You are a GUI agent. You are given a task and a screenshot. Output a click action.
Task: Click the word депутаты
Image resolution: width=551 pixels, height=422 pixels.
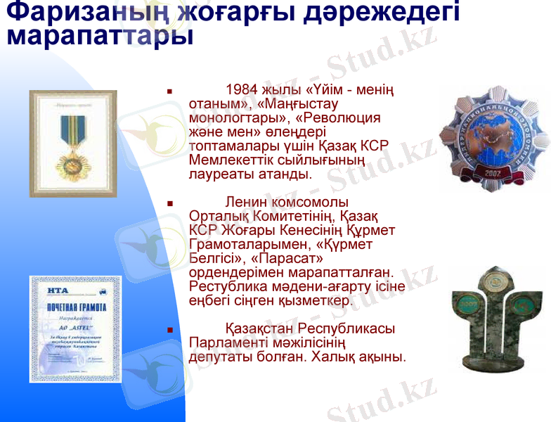click(217, 357)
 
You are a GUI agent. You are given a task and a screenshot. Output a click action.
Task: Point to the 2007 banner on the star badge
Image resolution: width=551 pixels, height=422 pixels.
click(489, 172)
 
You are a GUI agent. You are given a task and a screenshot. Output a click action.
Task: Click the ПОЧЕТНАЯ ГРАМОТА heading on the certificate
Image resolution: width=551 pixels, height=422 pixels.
click(76, 307)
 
